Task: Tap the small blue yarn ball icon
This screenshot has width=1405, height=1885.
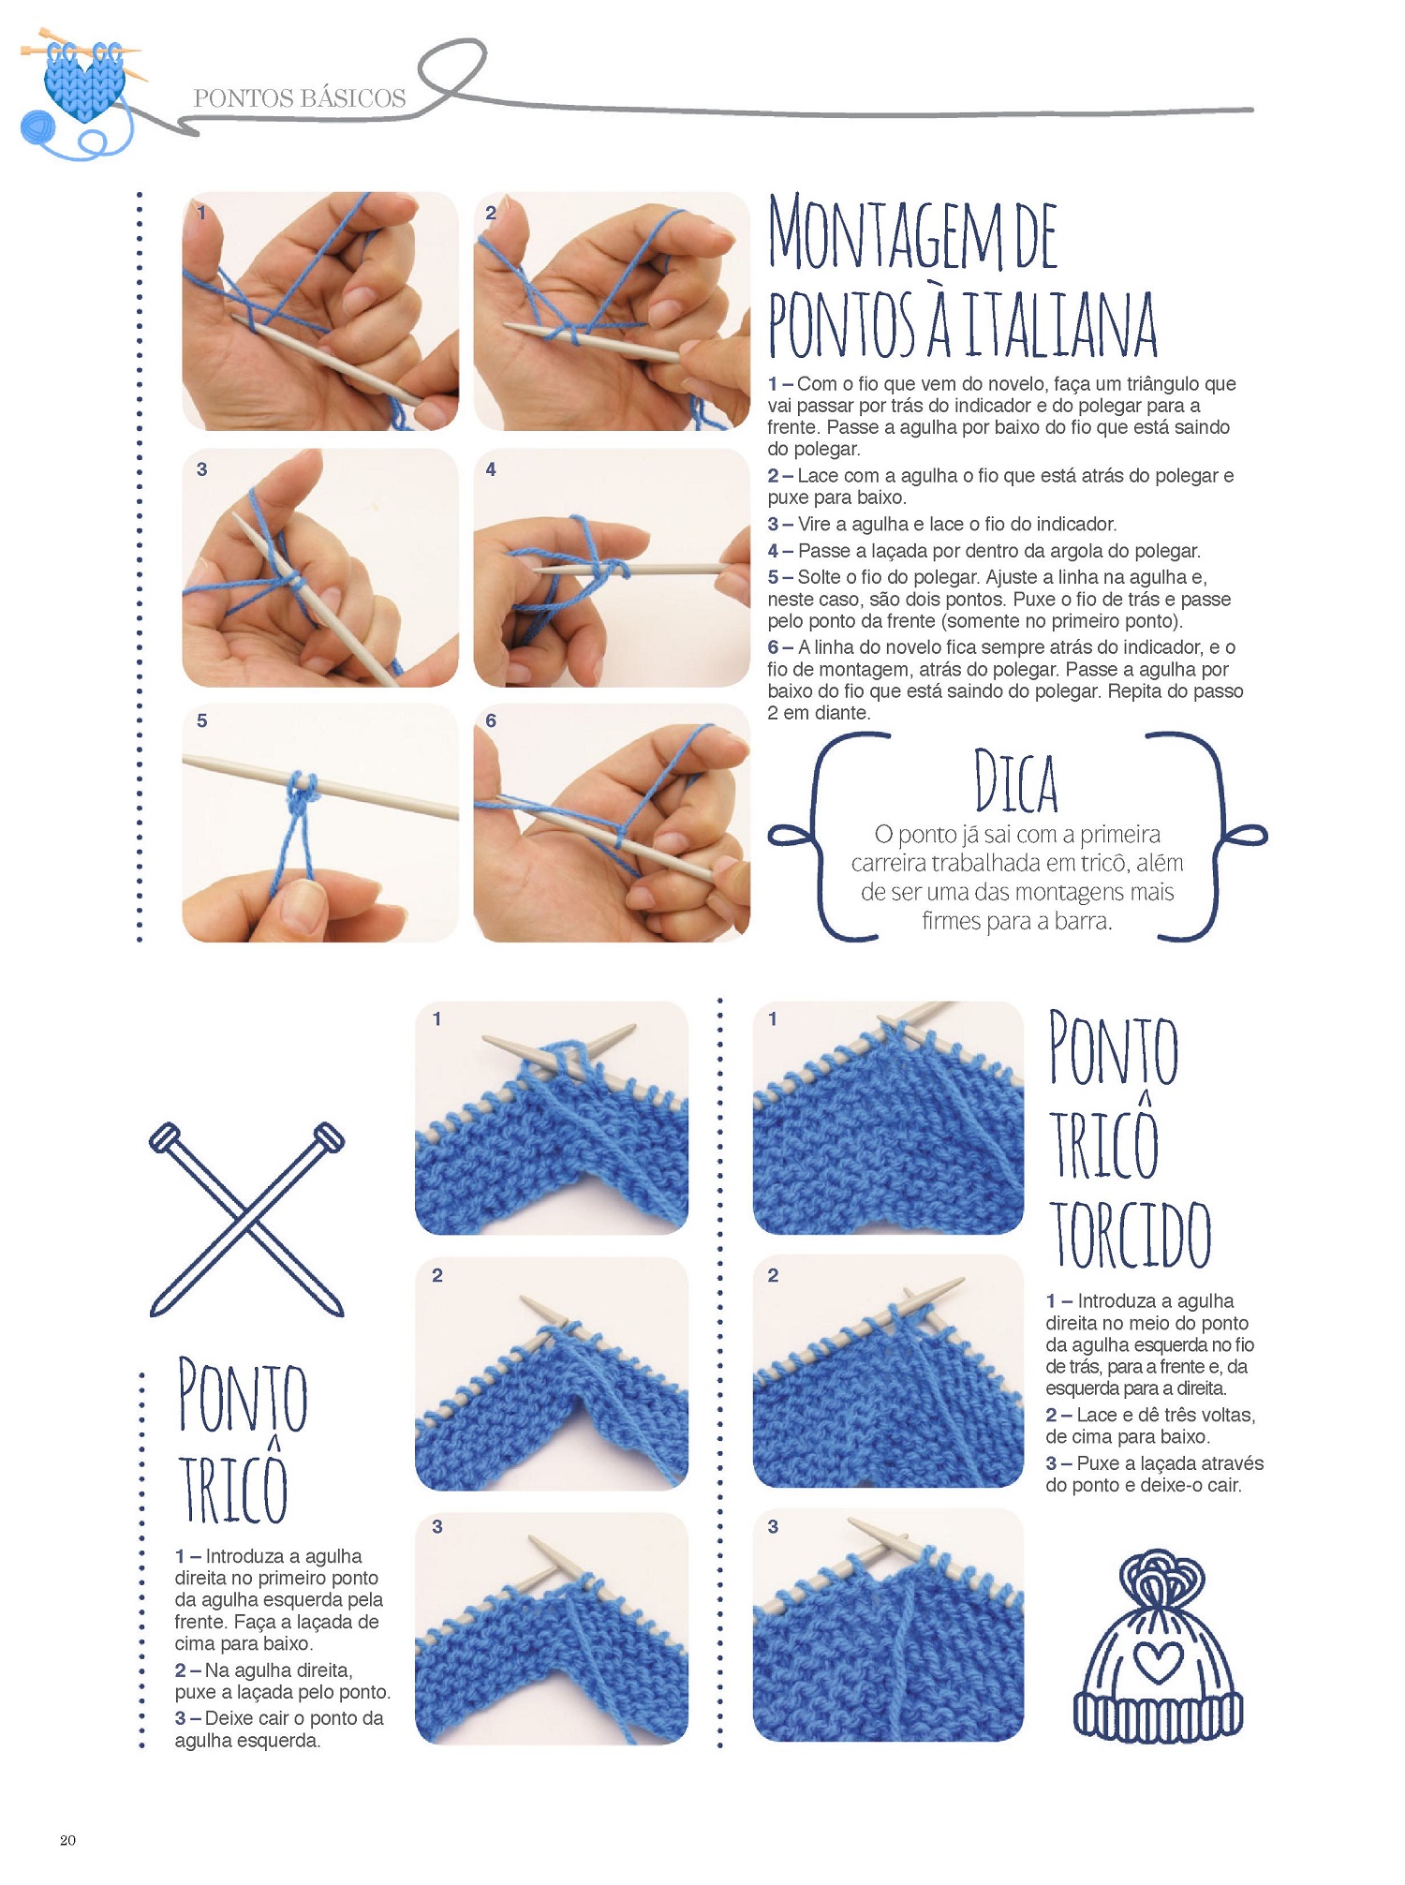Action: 37,127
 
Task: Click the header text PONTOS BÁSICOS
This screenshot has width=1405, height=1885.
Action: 300,98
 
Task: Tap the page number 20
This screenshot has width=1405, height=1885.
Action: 67,1840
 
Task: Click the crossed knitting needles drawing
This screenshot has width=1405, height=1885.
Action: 247,1219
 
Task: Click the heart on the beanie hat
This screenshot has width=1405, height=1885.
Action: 1159,1662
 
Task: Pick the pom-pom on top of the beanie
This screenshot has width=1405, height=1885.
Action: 1160,1578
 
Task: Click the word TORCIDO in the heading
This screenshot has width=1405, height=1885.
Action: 1130,1233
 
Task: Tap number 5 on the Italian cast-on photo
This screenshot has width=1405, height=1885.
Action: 201,720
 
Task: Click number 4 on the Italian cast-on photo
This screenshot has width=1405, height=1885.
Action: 491,469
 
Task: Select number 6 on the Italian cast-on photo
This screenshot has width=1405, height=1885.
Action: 491,720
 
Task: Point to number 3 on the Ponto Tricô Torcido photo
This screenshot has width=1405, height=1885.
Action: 773,1526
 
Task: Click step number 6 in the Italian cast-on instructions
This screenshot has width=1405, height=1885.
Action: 774,647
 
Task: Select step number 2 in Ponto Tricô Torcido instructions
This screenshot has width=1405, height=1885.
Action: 1052,1415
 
